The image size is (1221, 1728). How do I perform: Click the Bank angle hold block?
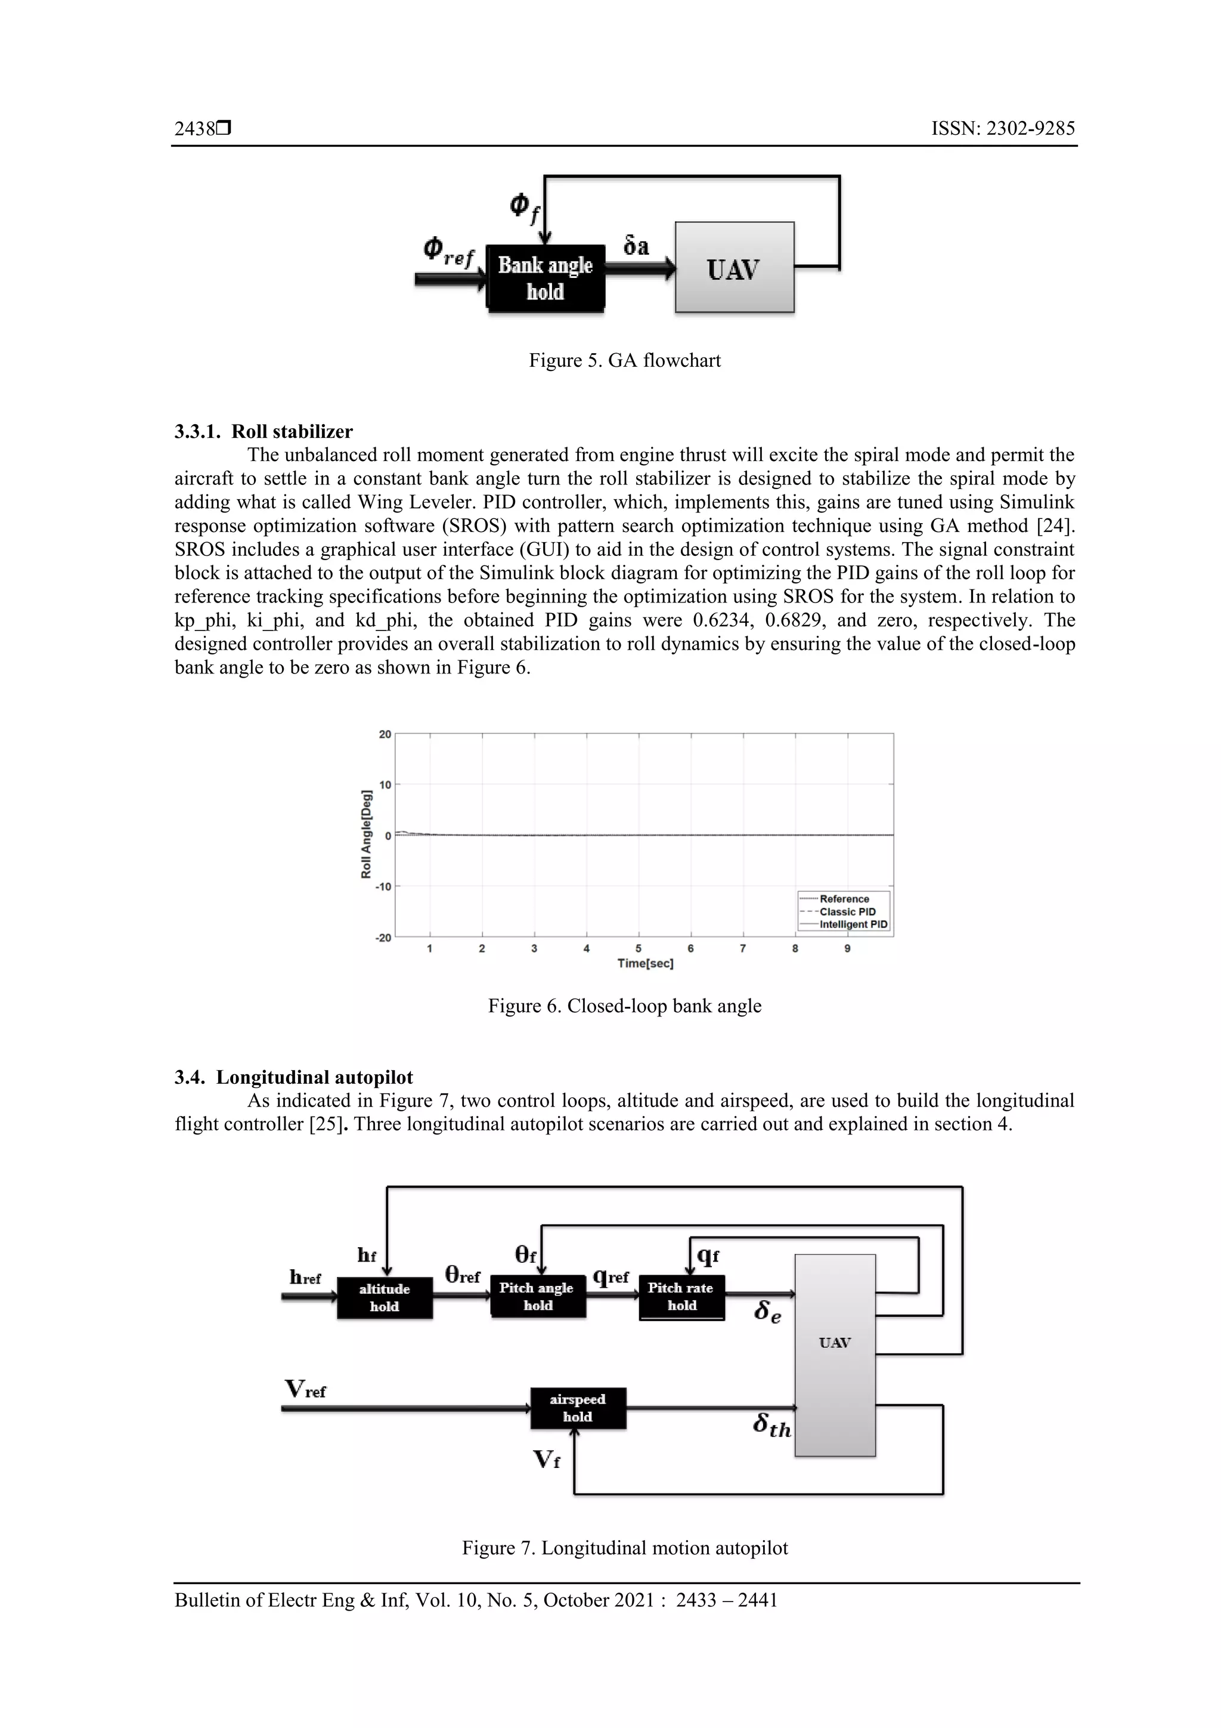tap(546, 278)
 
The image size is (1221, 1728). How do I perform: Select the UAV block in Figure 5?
tap(735, 267)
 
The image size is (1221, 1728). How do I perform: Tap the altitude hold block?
tap(385, 1297)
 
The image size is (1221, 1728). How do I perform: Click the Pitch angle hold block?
tap(537, 1296)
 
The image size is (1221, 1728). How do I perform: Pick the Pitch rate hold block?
tap(681, 1296)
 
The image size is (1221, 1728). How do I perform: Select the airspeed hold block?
tap(578, 1407)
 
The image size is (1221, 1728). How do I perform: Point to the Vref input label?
tap(305, 1389)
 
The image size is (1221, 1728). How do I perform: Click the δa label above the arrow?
tap(637, 245)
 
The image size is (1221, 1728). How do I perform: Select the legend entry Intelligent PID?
tap(853, 924)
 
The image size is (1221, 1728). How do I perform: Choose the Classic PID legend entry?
tap(847, 911)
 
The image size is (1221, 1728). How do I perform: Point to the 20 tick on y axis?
tap(385, 734)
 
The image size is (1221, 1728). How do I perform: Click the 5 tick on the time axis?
tap(639, 948)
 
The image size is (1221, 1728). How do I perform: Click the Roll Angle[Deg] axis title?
tap(367, 834)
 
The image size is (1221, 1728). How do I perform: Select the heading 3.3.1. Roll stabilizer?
tap(264, 431)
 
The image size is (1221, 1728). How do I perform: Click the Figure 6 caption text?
tap(624, 1006)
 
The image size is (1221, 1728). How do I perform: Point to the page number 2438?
tap(195, 129)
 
